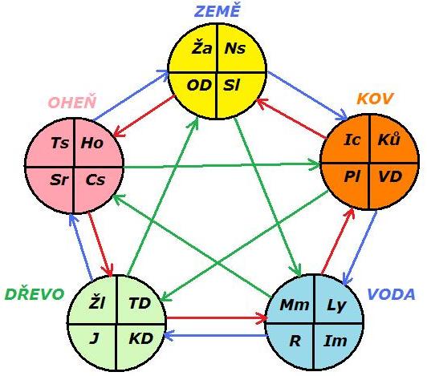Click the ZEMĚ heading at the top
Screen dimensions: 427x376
click(218, 11)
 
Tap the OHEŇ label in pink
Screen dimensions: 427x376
click(72, 103)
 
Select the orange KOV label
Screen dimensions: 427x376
click(375, 99)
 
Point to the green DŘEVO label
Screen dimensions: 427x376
click(35, 294)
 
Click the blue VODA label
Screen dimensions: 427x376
click(392, 294)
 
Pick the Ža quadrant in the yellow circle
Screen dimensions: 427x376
click(201, 48)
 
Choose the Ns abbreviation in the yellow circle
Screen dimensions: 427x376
click(234, 48)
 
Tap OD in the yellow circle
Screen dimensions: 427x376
click(199, 86)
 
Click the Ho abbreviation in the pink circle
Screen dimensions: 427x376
click(92, 143)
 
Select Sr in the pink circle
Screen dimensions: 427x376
click(59, 180)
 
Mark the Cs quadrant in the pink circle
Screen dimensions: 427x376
click(95, 180)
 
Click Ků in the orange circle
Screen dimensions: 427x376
click(388, 139)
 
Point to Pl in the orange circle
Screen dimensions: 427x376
click(352, 177)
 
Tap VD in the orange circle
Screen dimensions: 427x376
click(390, 177)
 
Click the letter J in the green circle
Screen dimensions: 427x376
click(94, 339)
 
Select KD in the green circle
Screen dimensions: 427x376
click(140, 339)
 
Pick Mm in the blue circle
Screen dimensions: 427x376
click(295, 305)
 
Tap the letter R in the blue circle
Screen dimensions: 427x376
click(295, 341)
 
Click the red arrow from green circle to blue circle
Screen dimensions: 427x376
click(217, 317)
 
